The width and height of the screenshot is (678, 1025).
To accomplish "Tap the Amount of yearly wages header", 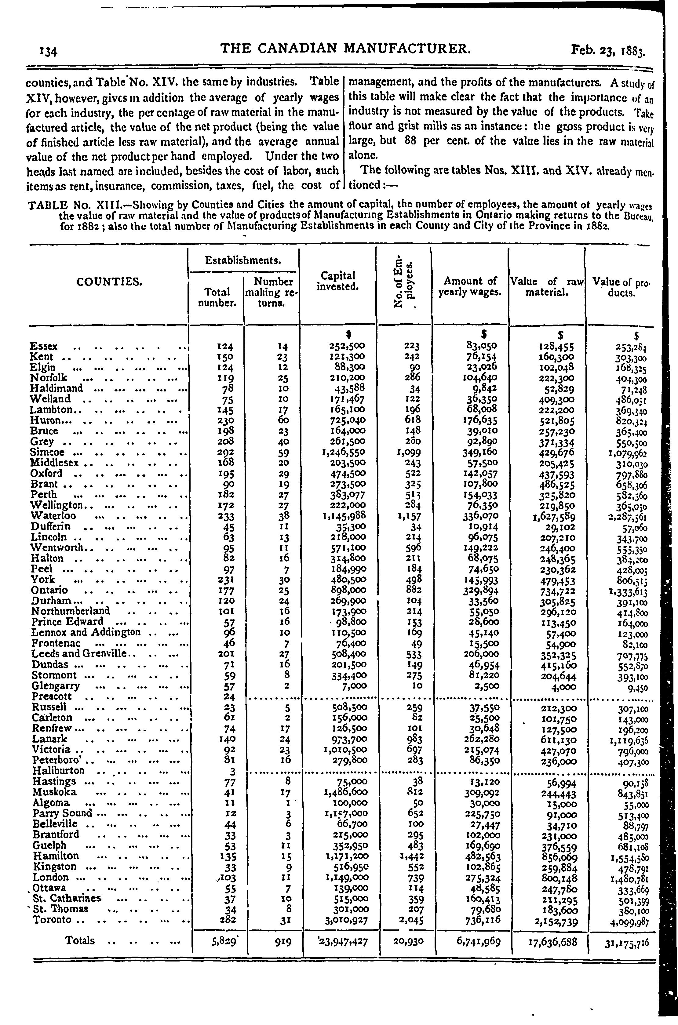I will (x=470, y=286).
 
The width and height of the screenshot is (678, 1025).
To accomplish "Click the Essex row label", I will (x=44, y=346).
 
